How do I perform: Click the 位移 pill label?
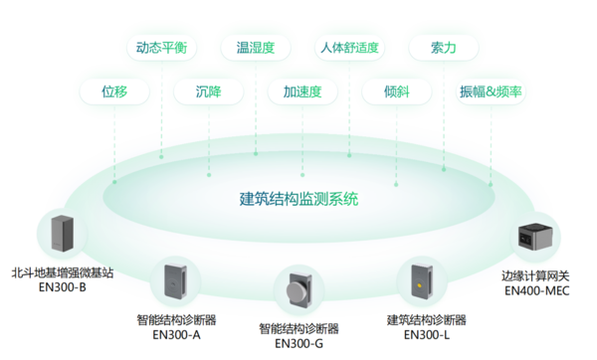point(114,91)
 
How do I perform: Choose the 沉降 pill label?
point(211,91)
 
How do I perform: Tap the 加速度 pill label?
point(302,91)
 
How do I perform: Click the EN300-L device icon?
point(423,282)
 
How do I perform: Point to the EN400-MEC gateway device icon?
point(535,240)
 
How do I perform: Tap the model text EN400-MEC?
point(535,291)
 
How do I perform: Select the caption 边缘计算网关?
point(535,275)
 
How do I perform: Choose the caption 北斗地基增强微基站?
point(63,270)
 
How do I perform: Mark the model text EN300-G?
point(298,344)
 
